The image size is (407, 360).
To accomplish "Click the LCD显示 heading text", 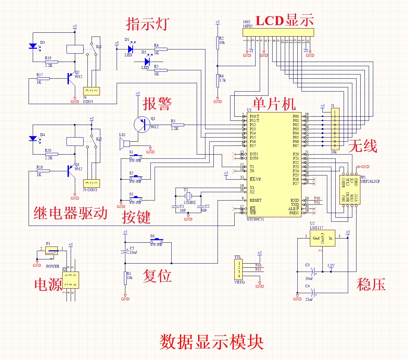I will (x=285, y=21).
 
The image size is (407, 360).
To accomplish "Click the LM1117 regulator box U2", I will (x=322, y=238).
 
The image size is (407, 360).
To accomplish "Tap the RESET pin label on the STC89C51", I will (x=255, y=201).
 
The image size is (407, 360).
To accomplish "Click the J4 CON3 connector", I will (x=92, y=91).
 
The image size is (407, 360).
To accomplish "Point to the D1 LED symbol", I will (x=131, y=49).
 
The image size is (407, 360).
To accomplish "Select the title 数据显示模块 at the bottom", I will (x=211, y=342).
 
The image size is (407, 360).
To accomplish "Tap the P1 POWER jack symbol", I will (x=52, y=251).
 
